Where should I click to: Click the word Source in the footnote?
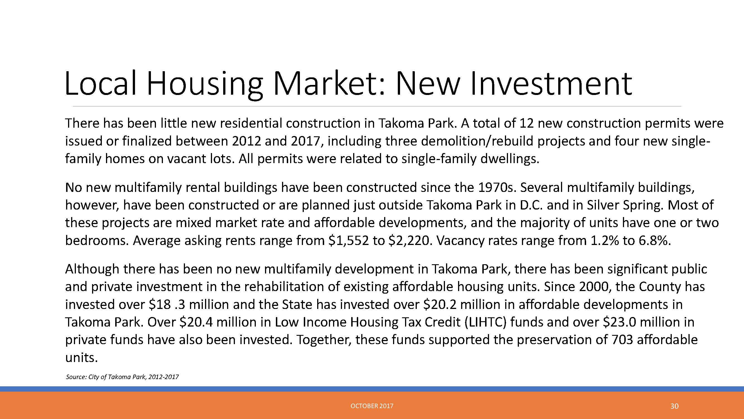point(76,377)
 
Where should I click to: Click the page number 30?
point(674,406)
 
